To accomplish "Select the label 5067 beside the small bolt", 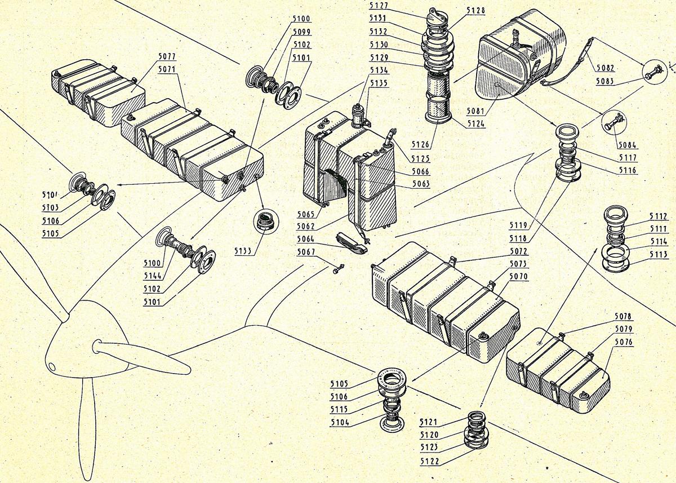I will coord(306,252).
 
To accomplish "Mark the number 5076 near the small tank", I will coord(623,342).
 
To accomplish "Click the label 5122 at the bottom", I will coord(429,462).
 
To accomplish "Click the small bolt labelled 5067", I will coord(337,271).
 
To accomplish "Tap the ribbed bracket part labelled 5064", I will coord(352,241).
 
